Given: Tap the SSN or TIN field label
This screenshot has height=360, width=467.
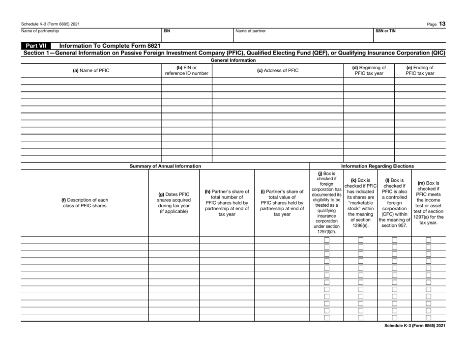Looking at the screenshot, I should point(384,30).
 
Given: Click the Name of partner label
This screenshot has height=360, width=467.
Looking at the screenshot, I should point(251,30).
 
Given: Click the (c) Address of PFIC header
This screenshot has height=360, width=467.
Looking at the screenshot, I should point(277,70).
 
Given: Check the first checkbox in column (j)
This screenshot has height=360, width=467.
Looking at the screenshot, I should point(326,240).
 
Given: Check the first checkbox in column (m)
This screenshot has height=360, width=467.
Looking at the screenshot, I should point(428,240).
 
